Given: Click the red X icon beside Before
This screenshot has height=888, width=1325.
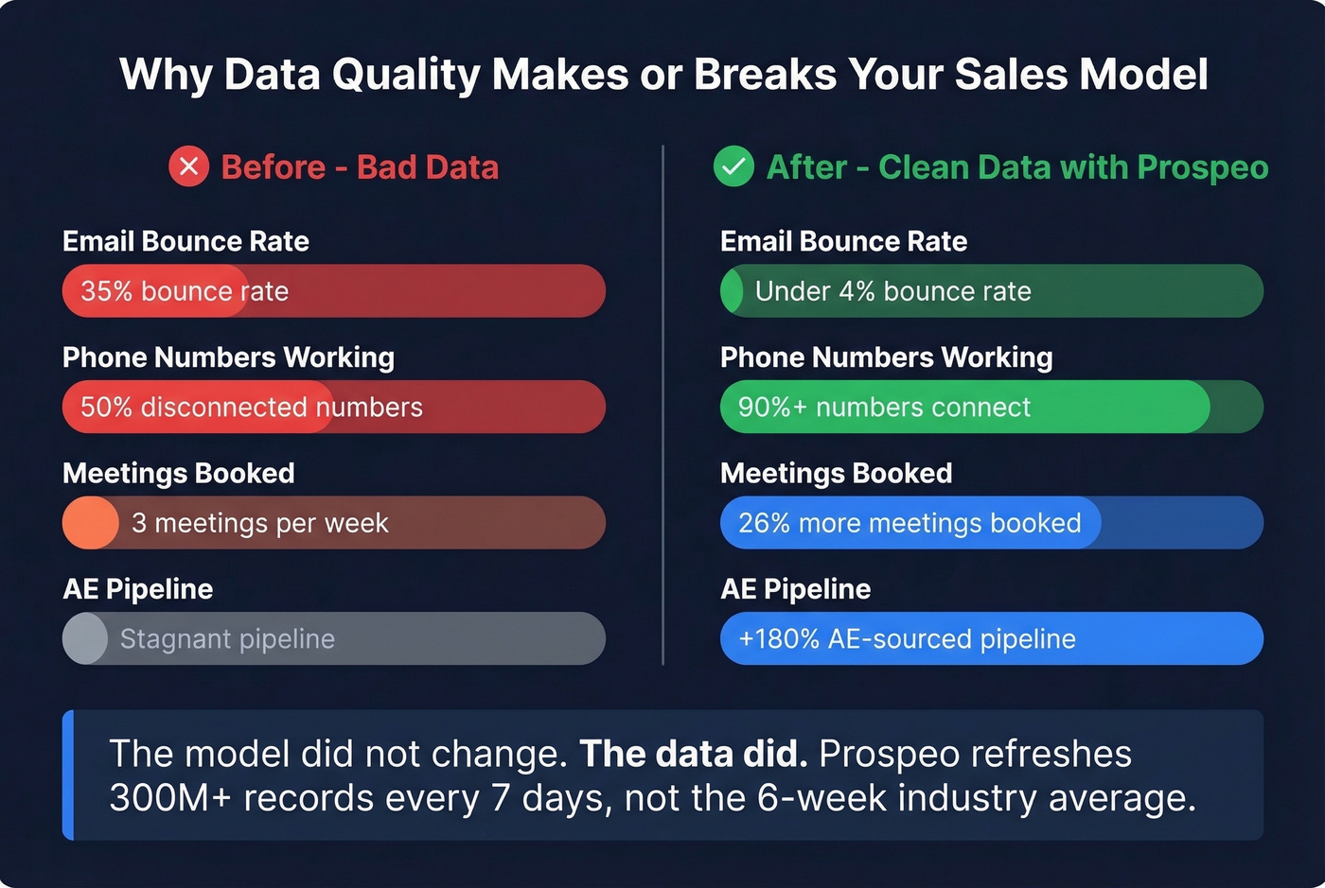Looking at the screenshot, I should point(188,167).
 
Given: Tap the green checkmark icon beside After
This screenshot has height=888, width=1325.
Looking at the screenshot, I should point(733,167).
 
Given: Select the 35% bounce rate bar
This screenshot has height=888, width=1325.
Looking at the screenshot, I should point(333,291).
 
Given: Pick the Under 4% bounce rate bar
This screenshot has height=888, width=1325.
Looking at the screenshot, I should point(991,291).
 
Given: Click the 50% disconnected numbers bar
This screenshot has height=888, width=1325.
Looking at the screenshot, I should point(333,408).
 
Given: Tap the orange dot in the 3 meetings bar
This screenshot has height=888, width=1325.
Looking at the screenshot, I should point(91,523).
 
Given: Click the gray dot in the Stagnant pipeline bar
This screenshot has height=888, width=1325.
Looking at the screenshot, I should point(85,639).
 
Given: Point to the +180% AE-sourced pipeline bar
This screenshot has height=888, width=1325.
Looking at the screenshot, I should point(991,639).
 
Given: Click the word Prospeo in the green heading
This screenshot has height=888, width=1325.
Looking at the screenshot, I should point(1202,167).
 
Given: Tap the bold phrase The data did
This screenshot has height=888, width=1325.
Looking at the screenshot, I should point(693,755).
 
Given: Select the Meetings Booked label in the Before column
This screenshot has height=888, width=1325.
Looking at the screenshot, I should point(179,473).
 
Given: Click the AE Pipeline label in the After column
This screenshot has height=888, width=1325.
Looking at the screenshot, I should point(795,589).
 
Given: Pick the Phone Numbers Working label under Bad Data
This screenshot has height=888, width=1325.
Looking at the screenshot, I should point(228,357).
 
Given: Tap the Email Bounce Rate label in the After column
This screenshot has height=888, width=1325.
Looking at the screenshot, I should point(843,241).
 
